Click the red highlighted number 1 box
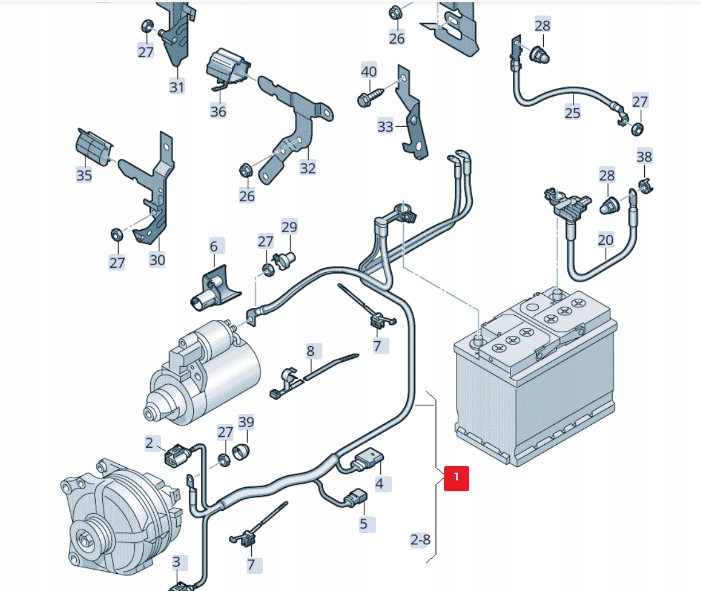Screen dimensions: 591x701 [456, 478]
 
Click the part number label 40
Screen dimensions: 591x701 [369, 71]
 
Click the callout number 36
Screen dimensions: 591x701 [218, 111]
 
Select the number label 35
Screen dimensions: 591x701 [84, 175]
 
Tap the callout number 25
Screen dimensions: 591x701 [572, 112]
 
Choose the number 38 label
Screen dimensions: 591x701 [644, 156]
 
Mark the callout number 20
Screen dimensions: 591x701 [605, 240]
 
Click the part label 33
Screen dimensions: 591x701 [385, 126]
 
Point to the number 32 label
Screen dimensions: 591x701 [307, 168]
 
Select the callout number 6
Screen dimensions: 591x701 [214, 246]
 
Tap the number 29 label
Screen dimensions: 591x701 [289, 227]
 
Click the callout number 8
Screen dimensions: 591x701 [310, 351]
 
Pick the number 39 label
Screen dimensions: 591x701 [246, 422]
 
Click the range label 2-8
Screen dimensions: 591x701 [420, 539]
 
